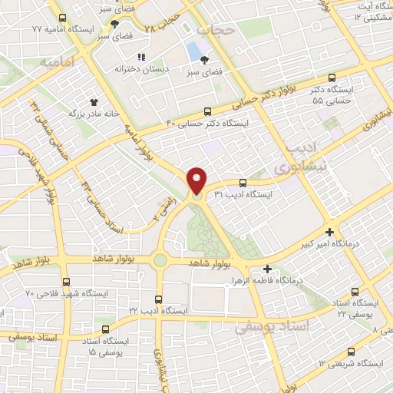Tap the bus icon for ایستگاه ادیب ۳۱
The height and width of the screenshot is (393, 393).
click(243, 183)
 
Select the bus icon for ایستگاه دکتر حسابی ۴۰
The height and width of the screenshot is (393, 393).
click(207, 111)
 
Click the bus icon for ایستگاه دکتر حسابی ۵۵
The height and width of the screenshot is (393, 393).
click(332, 78)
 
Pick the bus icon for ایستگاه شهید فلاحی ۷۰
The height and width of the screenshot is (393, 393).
click(68, 282)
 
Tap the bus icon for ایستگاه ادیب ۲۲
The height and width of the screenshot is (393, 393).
click(159, 299)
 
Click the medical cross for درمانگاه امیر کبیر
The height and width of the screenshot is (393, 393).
click(329, 232)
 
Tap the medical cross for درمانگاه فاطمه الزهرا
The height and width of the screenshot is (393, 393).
click(267, 269)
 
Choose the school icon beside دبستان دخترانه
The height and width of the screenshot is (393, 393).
click(140, 57)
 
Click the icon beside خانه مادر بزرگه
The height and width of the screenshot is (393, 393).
click(94, 101)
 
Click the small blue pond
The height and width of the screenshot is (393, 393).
click(193, 51)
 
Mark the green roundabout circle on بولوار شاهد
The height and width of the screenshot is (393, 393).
click(160, 260)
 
